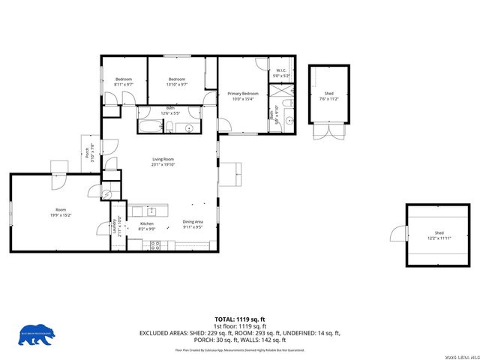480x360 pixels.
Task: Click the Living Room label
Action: [x=163, y=160]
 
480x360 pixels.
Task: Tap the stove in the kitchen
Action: [x=154, y=244]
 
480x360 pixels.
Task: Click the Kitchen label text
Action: [x=147, y=223]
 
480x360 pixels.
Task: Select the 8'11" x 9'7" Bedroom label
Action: [x=123, y=82]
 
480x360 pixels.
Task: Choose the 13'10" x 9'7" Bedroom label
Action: [x=176, y=82]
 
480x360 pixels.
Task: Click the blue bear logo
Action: [x=37, y=334]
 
